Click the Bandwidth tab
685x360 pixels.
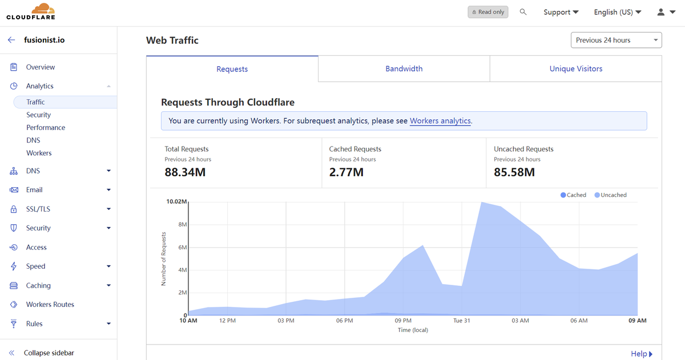click(x=404, y=69)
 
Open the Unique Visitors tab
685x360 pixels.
click(x=576, y=69)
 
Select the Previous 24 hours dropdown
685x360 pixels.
click(x=616, y=40)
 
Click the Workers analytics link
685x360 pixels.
click(x=440, y=121)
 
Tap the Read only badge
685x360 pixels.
click(x=487, y=12)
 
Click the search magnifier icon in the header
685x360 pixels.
click(x=523, y=12)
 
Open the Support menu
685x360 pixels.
click(x=561, y=12)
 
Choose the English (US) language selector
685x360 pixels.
click(x=618, y=12)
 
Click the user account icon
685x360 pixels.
click(x=661, y=12)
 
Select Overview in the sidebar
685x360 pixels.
click(x=41, y=67)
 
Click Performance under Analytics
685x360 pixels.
click(x=46, y=127)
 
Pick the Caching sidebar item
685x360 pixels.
click(x=38, y=285)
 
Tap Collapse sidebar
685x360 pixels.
click(x=49, y=353)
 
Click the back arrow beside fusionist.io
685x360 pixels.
click(x=11, y=40)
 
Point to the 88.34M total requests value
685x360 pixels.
click(x=185, y=172)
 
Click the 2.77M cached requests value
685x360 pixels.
click(x=346, y=172)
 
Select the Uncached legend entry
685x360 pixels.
click(x=610, y=195)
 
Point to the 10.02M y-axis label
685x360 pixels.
click(x=176, y=201)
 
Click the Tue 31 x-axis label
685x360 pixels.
click(x=461, y=321)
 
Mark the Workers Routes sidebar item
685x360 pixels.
click(x=50, y=305)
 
